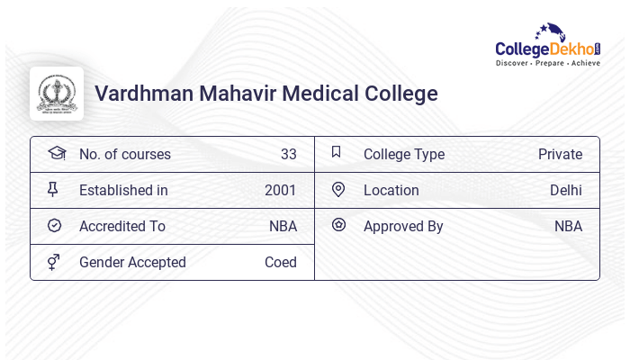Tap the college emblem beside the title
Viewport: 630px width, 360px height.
57,94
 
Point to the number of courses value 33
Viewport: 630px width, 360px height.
288,154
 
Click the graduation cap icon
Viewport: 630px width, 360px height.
57,153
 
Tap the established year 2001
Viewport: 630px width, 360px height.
280,190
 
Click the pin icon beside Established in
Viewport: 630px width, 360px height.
53,189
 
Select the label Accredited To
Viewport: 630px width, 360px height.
121,226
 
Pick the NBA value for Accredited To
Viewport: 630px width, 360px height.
283,226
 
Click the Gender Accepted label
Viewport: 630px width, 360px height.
132,262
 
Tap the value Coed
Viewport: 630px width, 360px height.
280,262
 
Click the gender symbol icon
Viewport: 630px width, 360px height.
54,262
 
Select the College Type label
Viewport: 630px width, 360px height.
403,154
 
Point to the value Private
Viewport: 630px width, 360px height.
560,154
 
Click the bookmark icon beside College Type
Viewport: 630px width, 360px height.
337,152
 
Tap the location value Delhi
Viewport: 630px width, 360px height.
565,190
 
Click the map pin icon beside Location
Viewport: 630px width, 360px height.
338,189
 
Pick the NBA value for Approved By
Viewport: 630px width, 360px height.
568,226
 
